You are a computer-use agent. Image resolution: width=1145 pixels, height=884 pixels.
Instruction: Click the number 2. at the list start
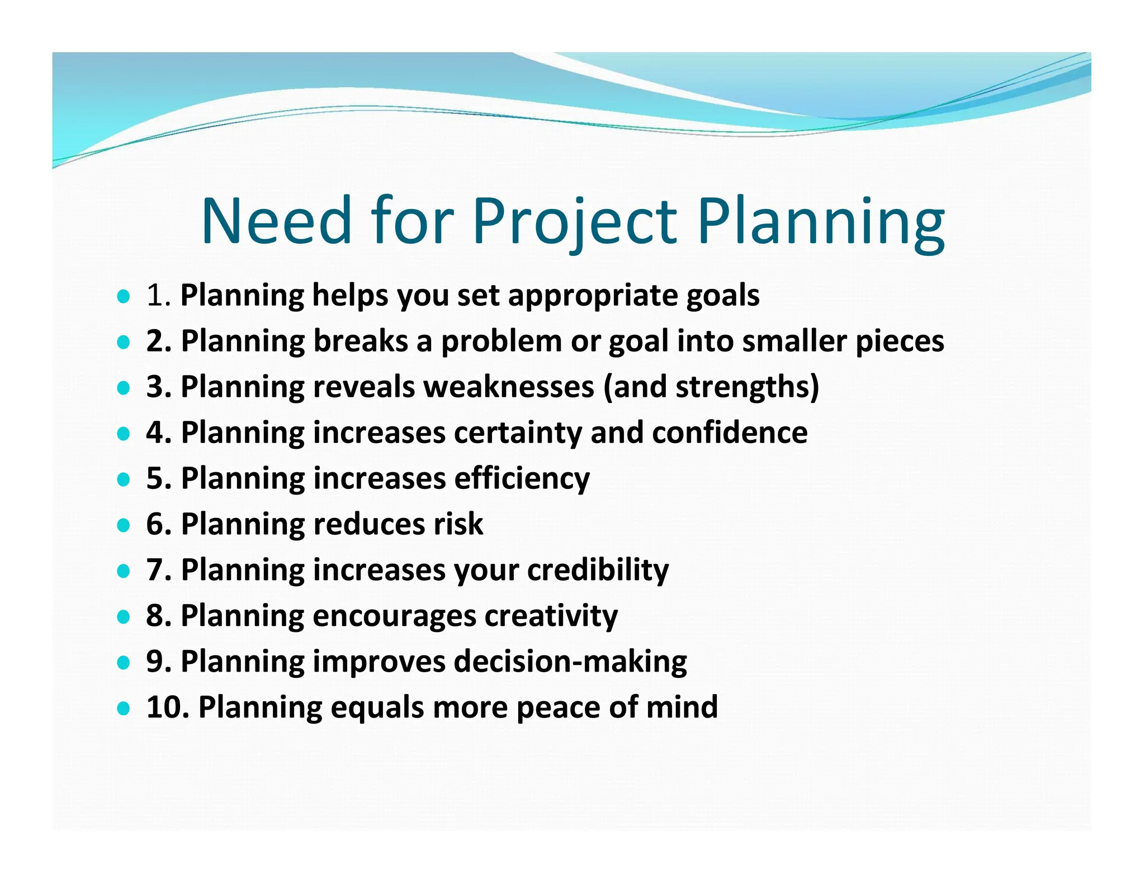pyautogui.click(x=159, y=341)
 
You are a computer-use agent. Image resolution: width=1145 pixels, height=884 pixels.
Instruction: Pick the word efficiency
pyautogui.click(x=522, y=479)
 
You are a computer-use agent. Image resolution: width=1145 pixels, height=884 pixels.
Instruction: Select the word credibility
pyautogui.click(x=598, y=570)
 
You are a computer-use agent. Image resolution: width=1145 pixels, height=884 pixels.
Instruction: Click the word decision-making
pyautogui.click(x=570, y=662)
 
